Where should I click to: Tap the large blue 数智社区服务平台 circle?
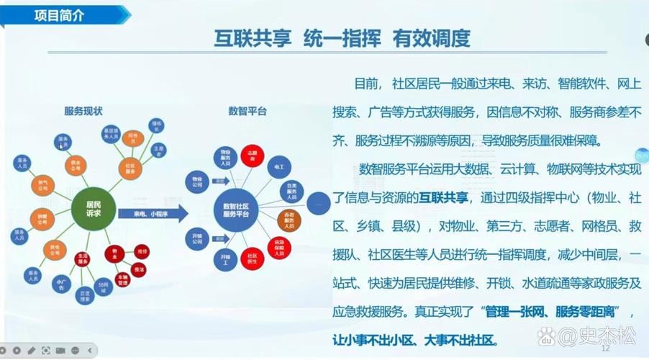tap(240, 210)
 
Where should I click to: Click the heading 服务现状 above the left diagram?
tap(83, 111)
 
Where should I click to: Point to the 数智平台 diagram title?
tap(248, 111)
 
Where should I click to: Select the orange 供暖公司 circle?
tap(40, 217)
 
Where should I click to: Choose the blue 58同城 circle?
tap(104, 284)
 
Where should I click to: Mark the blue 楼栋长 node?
tap(156, 126)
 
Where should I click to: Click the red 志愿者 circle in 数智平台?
tap(253, 156)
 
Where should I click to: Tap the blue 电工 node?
tap(278, 166)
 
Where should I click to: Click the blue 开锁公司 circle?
tap(197, 237)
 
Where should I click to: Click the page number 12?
tap(604, 348)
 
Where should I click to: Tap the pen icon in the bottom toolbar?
tap(32, 351)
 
